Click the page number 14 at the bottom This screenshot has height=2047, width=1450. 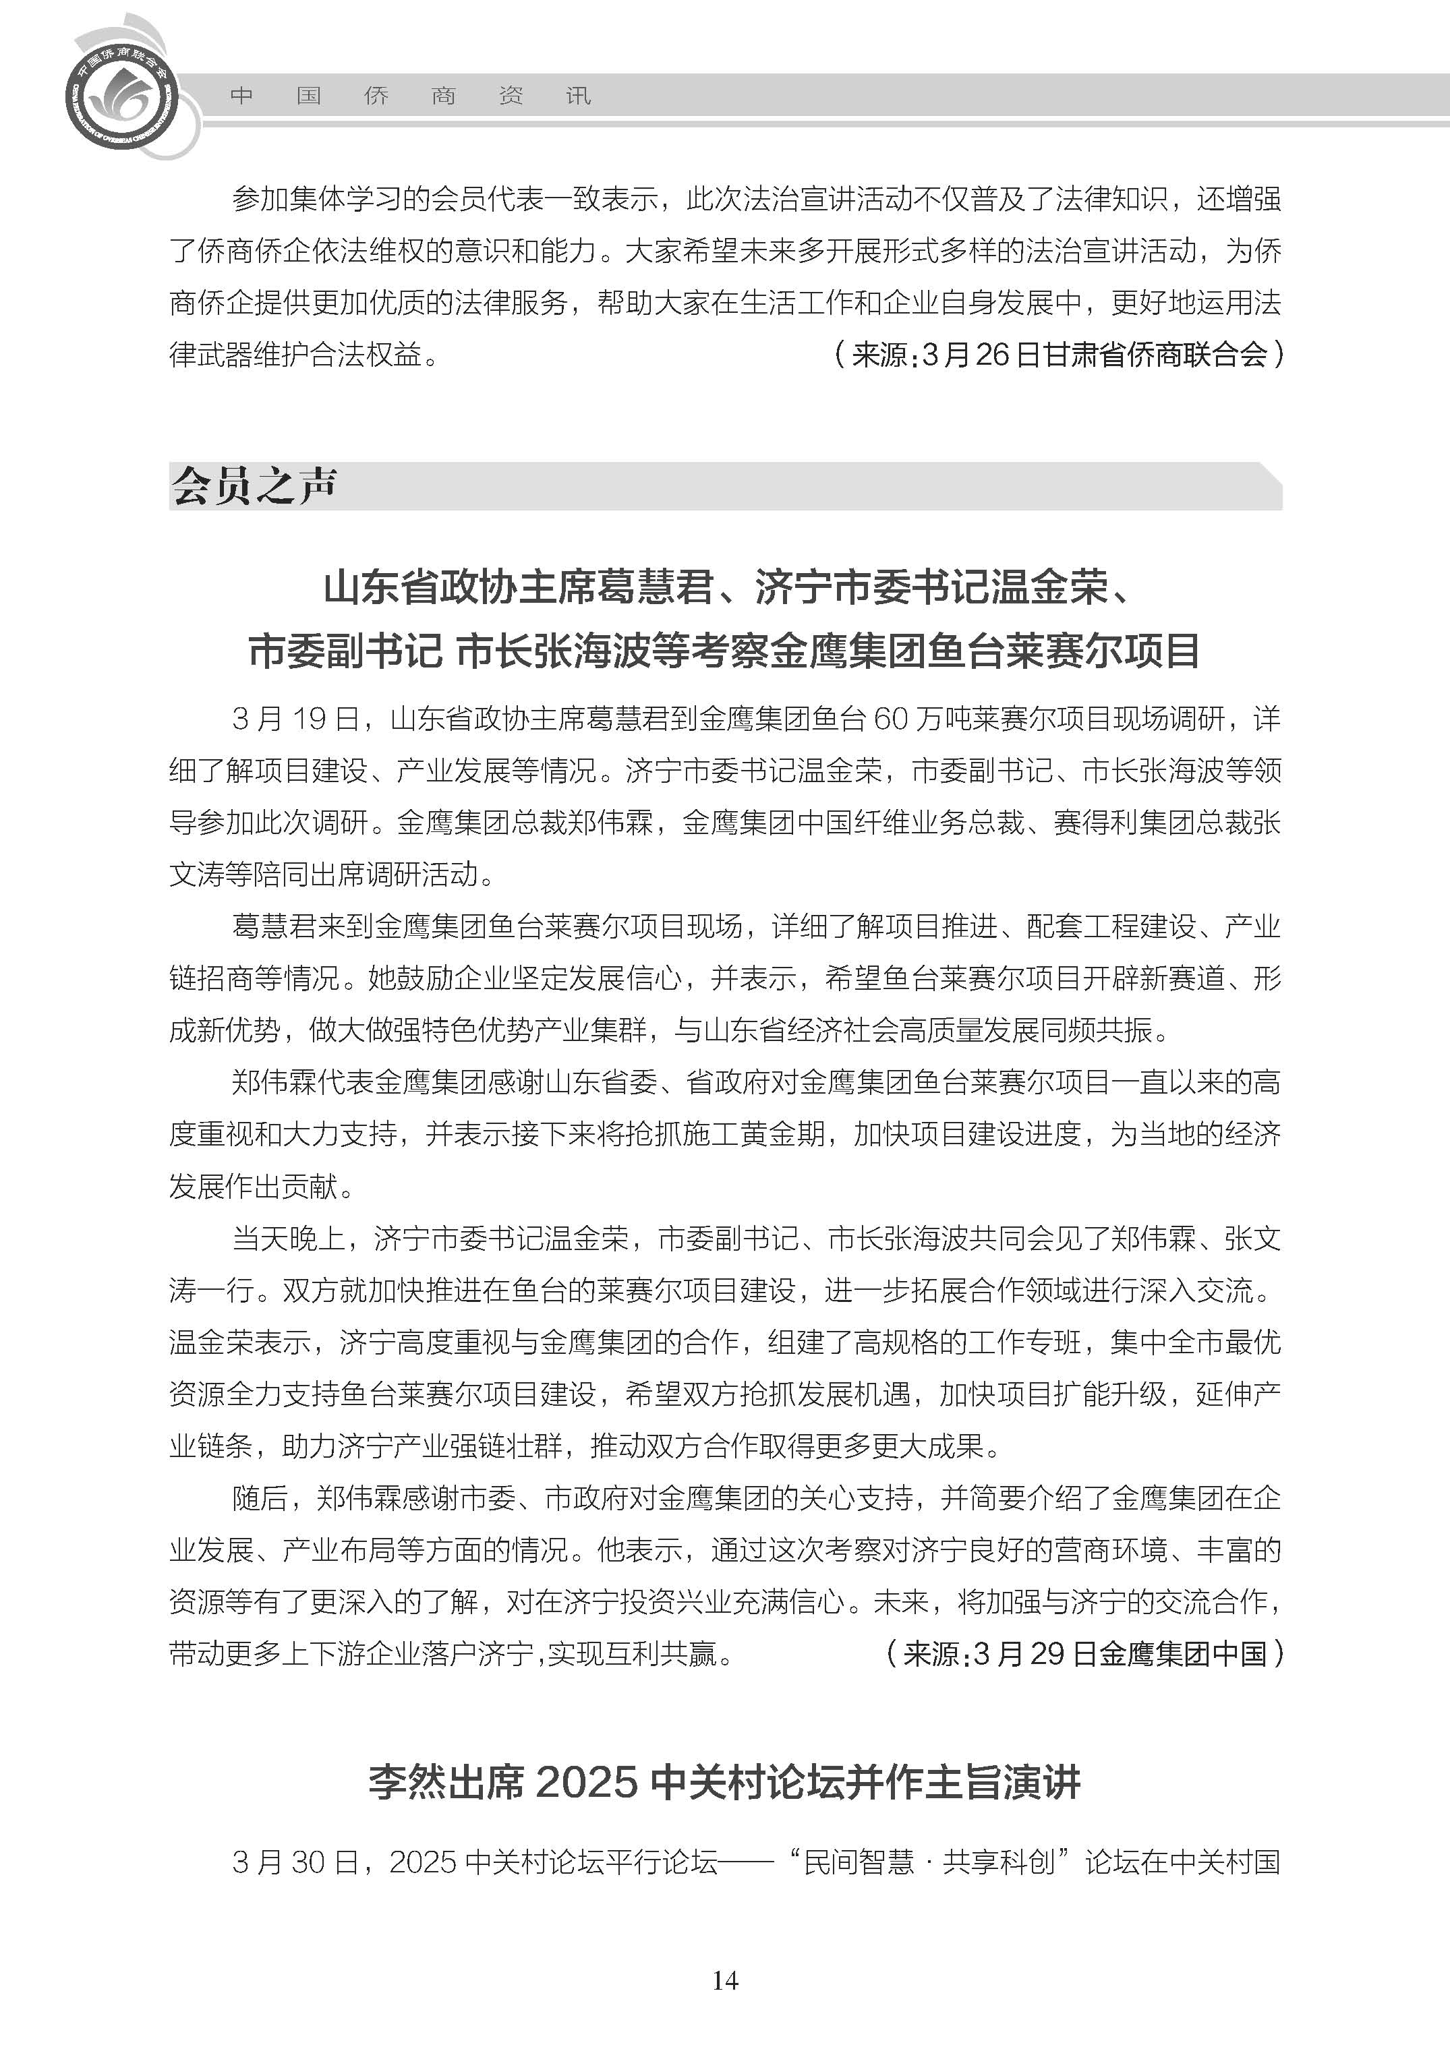coord(725,1980)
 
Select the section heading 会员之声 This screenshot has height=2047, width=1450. coord(254,487)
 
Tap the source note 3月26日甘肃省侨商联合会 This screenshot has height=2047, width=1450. coord(1095,355)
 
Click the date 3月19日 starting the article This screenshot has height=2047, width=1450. coord(295,719)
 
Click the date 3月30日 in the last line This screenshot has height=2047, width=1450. coord(295,1862)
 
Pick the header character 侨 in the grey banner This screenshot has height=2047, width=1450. coord(376,96)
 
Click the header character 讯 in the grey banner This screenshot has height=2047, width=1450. coord(579,96)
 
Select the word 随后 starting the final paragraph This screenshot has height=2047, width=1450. coord(260,1499)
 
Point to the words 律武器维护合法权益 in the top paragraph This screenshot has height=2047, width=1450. coord(295,355)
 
